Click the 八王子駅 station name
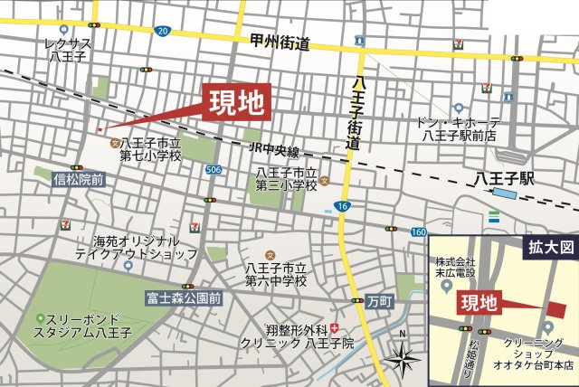(504, 178)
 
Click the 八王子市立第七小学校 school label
(150, 149)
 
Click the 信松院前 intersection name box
(79, 180)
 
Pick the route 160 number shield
(417, 232)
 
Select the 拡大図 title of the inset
(546, 245)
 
